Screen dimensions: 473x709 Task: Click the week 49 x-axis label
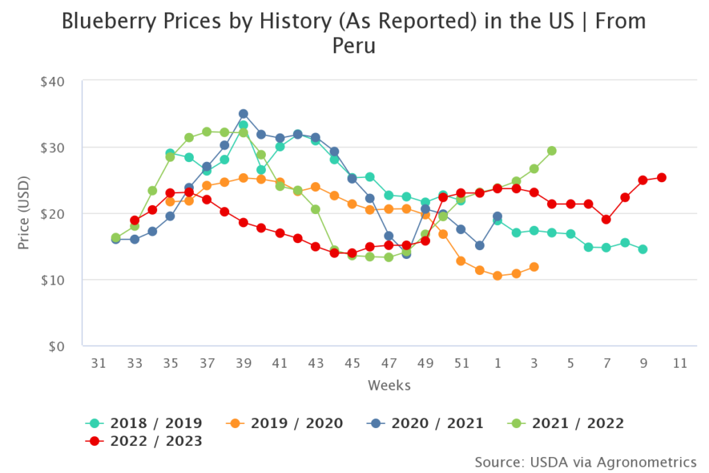click(x=425, y=363)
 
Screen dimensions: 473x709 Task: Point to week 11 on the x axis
click(x=679, y=363)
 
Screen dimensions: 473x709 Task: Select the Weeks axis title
click(x=389, y=385)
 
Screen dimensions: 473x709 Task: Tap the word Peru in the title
click(x=354, y=47)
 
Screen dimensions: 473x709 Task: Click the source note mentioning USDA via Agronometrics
click(x=585, y=461)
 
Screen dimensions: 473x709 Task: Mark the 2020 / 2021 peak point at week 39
click(x=243, y=114)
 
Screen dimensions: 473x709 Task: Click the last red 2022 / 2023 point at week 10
click(x=661, y=177)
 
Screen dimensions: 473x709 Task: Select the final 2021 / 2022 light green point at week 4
click(x=552, y=150)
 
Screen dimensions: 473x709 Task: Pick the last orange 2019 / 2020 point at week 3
click(x=534, y=267)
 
